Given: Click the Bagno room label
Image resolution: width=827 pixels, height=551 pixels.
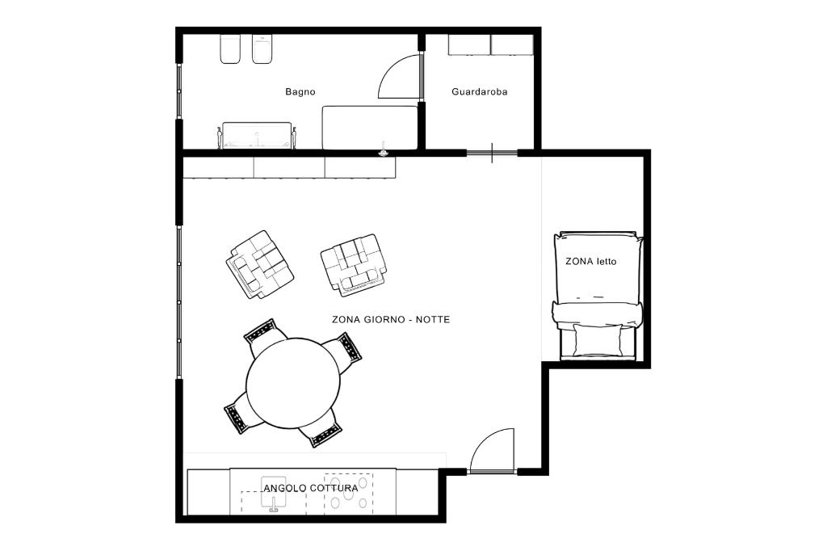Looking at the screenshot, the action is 300,92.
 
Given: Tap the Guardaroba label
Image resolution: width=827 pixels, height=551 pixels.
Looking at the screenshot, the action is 480,92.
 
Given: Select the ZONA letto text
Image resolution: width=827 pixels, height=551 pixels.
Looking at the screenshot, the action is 590,261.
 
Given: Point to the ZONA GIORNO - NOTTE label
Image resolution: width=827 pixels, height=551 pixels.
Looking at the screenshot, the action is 391,319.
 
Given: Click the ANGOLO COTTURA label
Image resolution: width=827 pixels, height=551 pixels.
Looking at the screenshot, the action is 311,488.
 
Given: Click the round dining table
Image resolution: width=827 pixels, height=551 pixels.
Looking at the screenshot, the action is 293,383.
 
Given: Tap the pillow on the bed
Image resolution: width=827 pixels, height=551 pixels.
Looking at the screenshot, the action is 598,339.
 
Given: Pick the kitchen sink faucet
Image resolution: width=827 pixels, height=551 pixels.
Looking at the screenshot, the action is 274,505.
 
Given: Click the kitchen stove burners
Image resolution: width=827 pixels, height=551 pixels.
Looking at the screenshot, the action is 348,494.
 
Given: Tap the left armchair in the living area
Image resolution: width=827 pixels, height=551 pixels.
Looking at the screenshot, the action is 259,264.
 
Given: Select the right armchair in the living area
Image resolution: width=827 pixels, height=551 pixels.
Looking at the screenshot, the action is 354,263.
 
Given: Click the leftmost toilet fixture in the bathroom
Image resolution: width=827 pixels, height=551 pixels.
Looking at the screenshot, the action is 230,49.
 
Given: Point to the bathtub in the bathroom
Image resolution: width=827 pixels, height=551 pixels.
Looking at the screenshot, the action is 257,136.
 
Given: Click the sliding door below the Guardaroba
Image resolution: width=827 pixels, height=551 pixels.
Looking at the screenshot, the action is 492,153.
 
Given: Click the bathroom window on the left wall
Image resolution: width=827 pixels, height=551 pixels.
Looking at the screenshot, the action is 179,90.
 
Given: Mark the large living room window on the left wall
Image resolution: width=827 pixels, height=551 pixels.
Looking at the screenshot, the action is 179,302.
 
